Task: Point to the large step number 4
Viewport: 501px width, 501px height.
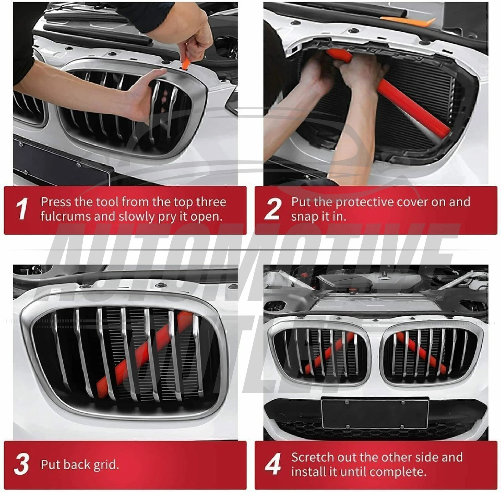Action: coord(273,464)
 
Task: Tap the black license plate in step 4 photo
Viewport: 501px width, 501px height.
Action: coord(375,413)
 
